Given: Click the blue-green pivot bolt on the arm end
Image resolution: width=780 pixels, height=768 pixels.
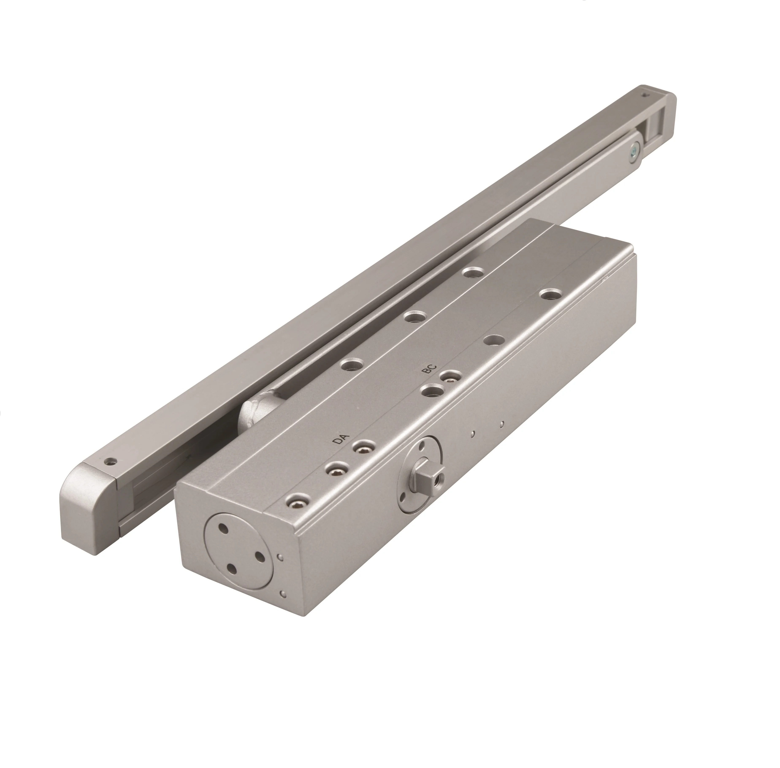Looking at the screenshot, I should coord(634,149).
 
